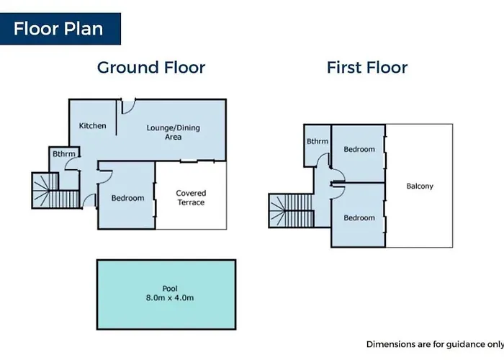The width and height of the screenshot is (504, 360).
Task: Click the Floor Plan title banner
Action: (60, 29)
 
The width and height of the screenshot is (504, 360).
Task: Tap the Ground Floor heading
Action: (151, 68)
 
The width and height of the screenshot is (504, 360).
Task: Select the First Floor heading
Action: (367, 68)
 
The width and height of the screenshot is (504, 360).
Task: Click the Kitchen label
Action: (93, 126)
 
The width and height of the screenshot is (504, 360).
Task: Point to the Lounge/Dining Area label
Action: (174, 132)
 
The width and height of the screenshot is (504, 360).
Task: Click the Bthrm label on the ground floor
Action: (64, 154)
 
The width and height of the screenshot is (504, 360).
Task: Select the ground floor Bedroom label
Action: (127, 198)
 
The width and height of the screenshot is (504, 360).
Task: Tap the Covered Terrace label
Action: (191, 198)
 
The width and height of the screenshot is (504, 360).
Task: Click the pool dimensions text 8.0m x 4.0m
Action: (170, 298)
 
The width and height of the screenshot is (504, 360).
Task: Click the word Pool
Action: (170, 289)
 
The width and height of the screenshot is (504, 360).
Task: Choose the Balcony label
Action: (420, 186)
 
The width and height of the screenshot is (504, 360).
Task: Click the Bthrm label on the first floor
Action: (318, 141)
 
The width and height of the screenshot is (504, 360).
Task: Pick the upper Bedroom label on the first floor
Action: (359, 149)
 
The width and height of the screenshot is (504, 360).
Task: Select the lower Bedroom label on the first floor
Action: (359, 218)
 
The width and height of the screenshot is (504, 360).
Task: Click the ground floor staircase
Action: (55, 191)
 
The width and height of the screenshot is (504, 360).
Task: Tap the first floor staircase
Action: (291, 211)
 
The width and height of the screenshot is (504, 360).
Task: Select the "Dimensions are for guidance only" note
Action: (435, 344)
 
